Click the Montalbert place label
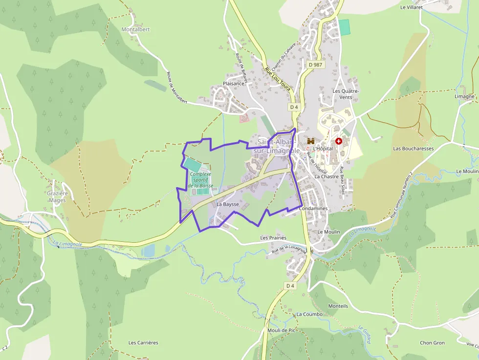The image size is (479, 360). click(x=135, y=29)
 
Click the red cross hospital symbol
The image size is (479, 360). click(x=338, y=141)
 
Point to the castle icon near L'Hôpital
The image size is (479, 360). click(x=310, y=141)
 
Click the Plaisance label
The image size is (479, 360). click(x=233, y=84)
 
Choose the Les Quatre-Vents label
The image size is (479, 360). click(x=346, y=94)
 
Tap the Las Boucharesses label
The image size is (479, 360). click(x=414, y=148)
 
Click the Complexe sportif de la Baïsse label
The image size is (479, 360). click(x=201, y=180)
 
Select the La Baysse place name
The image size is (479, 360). click(x=227, y=204)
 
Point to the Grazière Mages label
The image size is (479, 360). click(x=57, y=197)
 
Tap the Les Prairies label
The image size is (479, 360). click(x=273, y=238)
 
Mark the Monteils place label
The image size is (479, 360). click(x=338, y=306)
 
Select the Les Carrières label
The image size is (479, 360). click(x=143, y=342)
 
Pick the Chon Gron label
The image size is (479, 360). click(x=432, y=343)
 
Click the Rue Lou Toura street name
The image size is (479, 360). click(x=278, y=80)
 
